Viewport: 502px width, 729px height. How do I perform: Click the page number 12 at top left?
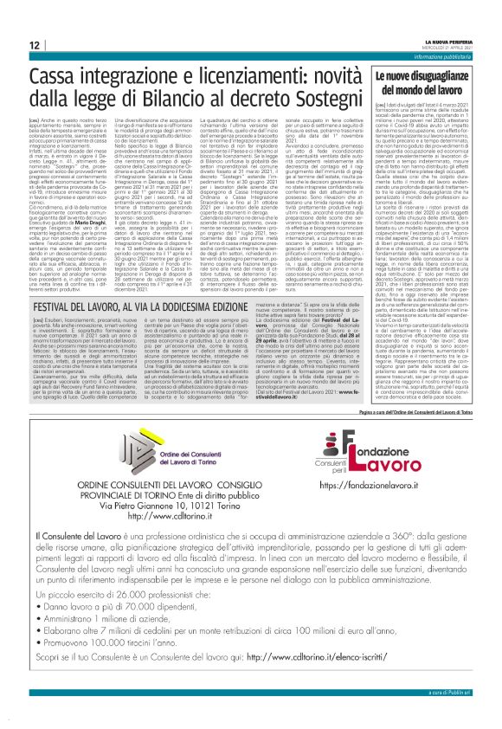pyautogui.click(x=34, y=44)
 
